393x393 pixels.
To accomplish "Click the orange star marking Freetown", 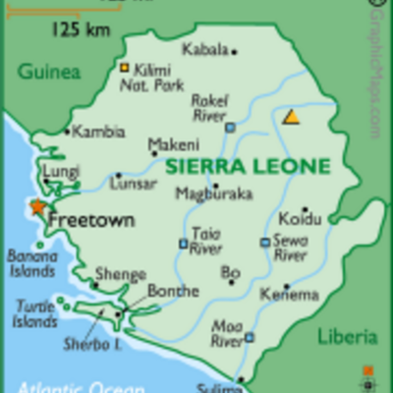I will (x=38, y=208).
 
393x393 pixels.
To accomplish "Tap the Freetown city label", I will (x=90, y=220).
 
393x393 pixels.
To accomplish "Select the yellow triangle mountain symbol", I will (x=291, y=117).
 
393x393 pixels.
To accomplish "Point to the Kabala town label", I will (x=205, y=48).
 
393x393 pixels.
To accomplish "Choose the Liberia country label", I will (x=347, y=337).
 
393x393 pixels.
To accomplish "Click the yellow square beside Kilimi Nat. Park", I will (x=125, y=68).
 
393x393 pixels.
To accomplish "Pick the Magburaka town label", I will (x=213, y=194).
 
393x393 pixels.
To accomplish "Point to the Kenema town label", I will (x=289, y=294).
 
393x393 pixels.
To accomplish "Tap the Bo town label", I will (x=230, y=271).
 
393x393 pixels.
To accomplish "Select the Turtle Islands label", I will (x=34, y=313).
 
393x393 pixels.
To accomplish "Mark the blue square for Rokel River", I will (x=230, y=127).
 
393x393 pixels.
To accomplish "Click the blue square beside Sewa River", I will (x=264, y=242).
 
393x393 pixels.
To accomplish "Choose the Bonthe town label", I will (x=172, y=291).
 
